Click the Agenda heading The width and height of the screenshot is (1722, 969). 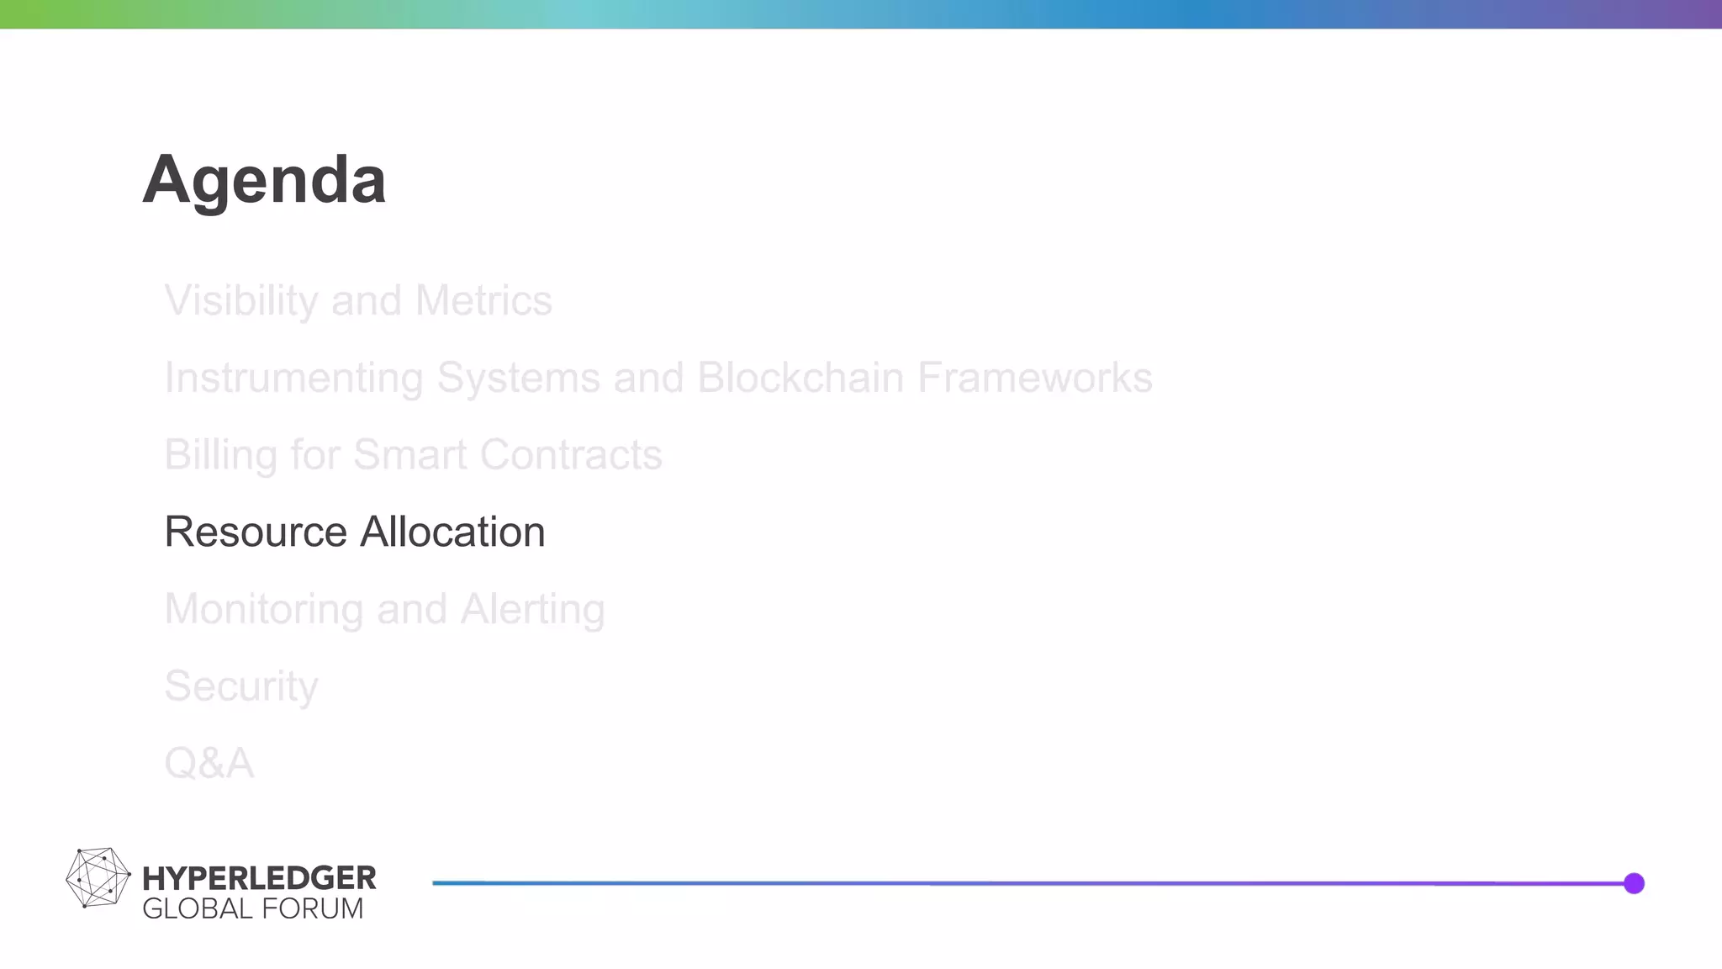coord(264,180)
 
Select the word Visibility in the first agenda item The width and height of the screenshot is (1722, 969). coord(241,301)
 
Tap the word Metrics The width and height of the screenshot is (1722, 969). coord(483,301)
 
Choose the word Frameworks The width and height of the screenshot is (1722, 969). coord(1034,378)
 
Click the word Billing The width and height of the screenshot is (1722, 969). coord(220,455)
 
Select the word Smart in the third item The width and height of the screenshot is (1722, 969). coord(409,455)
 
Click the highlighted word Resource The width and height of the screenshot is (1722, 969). coord(256,532)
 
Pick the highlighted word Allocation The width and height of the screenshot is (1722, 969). coord(452,532)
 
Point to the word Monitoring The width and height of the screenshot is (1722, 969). coord(264,610)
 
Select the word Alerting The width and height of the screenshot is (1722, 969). coord(532,610)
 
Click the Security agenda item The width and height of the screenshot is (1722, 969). coord(241,686)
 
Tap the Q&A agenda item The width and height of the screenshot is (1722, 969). coord(209,764)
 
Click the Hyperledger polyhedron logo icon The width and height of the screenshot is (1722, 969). coord(98,877)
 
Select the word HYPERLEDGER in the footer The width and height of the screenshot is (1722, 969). coord(259,878)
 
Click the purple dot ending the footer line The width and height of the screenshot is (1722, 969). coord(1634,883)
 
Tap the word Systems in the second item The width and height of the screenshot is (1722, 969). coord(518,379)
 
